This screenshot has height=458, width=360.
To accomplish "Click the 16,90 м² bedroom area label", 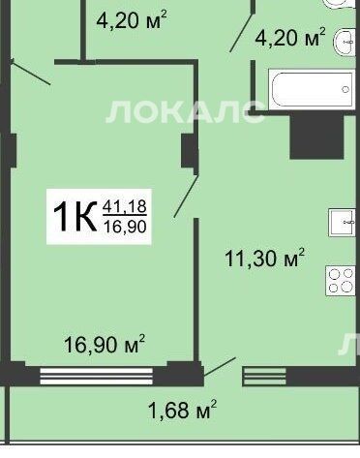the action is (x=105, y=344).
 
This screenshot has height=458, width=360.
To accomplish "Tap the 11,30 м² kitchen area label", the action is (x=264, y=259).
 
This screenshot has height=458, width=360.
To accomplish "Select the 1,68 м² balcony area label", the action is (x=182, y=410).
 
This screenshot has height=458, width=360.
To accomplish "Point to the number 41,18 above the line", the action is (x=125, y=206).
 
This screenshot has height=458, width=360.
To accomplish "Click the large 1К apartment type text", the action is (x=75, y=216).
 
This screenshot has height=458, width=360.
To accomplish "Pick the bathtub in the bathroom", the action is (x=312, y=89).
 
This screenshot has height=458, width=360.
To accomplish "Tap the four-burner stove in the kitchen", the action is (x=341, y=281).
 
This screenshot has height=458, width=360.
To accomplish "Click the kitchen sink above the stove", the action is (x=342, y=223).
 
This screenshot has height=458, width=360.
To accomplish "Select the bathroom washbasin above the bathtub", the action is (x=345, y=43).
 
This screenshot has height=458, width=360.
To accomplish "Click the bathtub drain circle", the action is (x=345, y=89).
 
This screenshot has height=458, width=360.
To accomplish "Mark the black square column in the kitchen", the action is (x=316, y=137).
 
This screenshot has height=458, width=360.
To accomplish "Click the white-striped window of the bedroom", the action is (x=96, y=376).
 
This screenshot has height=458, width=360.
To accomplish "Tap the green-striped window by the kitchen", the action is (x=264, y=377).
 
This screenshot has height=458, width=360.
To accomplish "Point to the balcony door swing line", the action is (x=220, y=367).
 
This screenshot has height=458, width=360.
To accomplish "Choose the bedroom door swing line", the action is (x=186, y=196).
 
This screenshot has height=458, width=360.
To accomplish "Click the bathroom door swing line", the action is (x=241, y=32).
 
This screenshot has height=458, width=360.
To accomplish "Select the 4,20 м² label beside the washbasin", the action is (x=290, y=38).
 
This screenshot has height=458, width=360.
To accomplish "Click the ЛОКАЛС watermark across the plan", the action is (x=185, y=111).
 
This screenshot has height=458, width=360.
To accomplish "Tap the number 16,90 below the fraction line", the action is (x=125, y=226).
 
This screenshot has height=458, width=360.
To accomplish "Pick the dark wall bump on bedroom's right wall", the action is (x=188, y=151).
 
